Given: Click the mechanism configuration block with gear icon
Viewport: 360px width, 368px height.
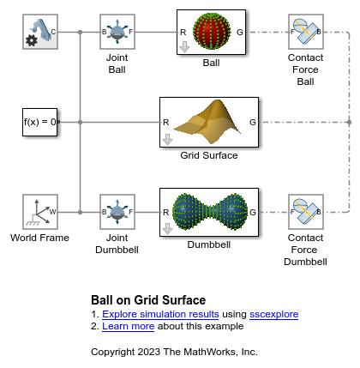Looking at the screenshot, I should [x=40, y=32].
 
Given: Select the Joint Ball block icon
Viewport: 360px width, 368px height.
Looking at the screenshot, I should [x=117, y=32].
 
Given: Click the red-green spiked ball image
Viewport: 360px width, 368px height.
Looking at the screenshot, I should [x=211, y=32].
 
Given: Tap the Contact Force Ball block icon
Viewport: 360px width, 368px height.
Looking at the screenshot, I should [x=305, y=32].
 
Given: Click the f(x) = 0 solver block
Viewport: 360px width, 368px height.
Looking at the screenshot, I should [x=40, y=123].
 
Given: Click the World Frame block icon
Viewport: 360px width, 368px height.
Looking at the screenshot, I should [x=40, y=212].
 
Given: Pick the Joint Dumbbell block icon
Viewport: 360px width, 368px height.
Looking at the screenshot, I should [x=117, y=212].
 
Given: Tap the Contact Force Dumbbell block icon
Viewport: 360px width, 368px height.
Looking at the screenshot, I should [x=305, y=212].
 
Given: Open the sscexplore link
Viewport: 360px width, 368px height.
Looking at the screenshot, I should [x=273, y=314].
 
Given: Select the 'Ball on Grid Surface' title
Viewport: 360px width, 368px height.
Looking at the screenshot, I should [x=147, y=300].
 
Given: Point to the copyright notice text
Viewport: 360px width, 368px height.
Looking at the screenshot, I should [x=174, y=352].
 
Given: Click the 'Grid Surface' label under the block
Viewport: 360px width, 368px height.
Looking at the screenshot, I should [x=209, y=156].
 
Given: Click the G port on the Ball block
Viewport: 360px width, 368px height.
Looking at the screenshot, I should [x=240, y=32].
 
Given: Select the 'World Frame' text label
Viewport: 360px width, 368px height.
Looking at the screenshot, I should [x=40, y=237].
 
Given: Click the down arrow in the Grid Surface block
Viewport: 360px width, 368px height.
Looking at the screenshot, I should [x=168, y=139].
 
